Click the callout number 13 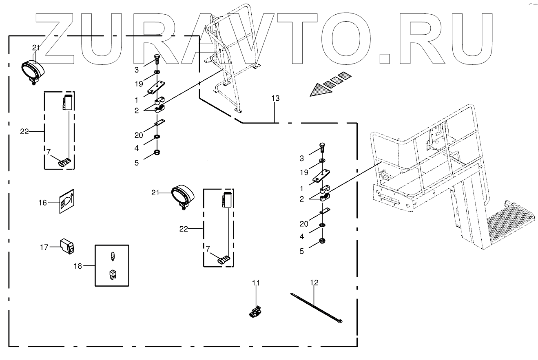click(x=275, y=98)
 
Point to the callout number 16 click(x=43, y=202)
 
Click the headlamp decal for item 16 click(x=66, y=201)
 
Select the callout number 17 click(x=44, y=247)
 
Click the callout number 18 click(x=78, y=266)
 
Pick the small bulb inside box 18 click(x=112, y=256)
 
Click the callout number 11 click(x=255, y=283)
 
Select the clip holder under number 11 click(x=255, y=312)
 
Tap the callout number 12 click(x=314, y=283)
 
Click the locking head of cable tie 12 click(x=339, y=322)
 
